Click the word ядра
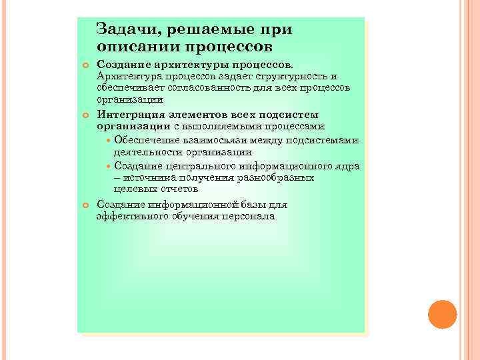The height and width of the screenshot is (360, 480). tap(347, 165)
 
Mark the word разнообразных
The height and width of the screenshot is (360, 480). tap(279, 178)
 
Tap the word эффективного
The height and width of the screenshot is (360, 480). tap(129, 217)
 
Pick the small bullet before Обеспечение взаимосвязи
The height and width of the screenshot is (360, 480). tap(109, 141)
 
